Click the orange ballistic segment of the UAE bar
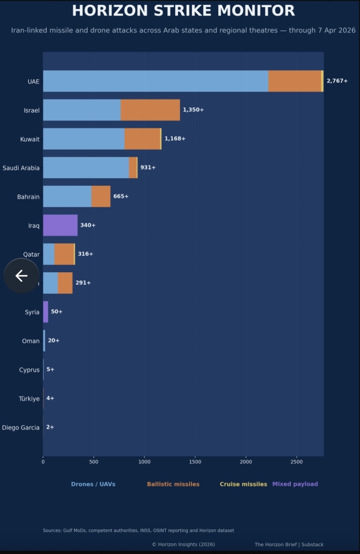tap(295, 81)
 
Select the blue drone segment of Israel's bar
tap(82, 110)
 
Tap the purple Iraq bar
tap(60, 225)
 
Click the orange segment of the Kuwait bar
tap(142, 138)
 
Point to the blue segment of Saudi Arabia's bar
tap(86, 168)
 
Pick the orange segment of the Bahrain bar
tap(101, 196)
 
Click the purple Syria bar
tap(46, 312)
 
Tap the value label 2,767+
tap(337, 81)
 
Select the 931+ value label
tap(148, 168)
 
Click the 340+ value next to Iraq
tap(88, 225)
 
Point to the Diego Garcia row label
tap(21, 427)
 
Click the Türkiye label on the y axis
tap(29, 399)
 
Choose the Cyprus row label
tap(29, 370)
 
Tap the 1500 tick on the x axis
tap(195, 462)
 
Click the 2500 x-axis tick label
tap(296, 462)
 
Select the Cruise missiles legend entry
tap(243, 484)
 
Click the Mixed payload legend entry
tap(295, 484)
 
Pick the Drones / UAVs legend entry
tap(93, 484)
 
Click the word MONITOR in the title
tap(256, 11)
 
